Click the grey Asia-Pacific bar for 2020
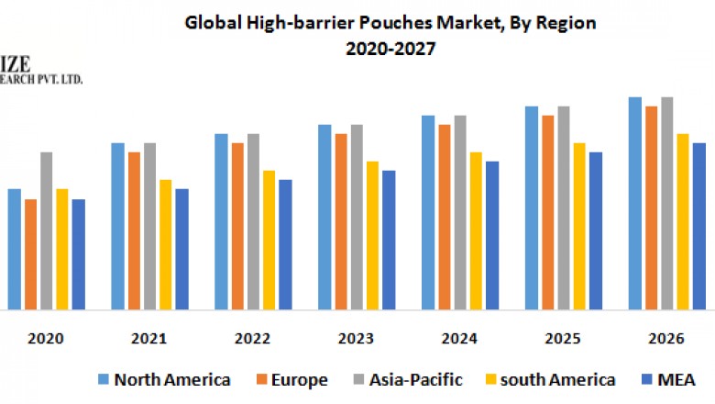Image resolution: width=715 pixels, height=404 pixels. click(x=47, y=230)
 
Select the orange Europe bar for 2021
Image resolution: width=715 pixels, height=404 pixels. click(x=134, y=230)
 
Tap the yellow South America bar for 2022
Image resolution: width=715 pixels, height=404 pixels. click(x=269, y=240)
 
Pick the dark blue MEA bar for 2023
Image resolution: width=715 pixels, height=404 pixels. click(x=389, y=240)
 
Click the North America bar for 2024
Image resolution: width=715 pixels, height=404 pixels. click(x=428, y=212)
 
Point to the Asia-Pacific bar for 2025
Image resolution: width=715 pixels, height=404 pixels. click(x=564, y=208)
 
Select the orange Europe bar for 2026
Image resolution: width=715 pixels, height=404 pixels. click(x=651, y=208)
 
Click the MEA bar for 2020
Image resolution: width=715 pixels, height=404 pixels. click(x=79, y=254)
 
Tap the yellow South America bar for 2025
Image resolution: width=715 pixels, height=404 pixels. click(x=579, y=226)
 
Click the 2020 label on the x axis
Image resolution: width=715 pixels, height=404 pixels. click(x=46, y=339)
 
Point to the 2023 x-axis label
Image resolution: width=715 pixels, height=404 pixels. click(x=356, y=339)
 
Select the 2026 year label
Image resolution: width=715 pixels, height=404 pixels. click(x=665, y=339)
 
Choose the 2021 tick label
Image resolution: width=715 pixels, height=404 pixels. click(x=148, y=339)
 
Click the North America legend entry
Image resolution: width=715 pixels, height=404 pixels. click(x=164, y=379)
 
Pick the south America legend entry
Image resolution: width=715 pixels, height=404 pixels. click(x=555, y=379)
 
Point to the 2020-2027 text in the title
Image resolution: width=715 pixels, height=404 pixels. click(x=390, y=49)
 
